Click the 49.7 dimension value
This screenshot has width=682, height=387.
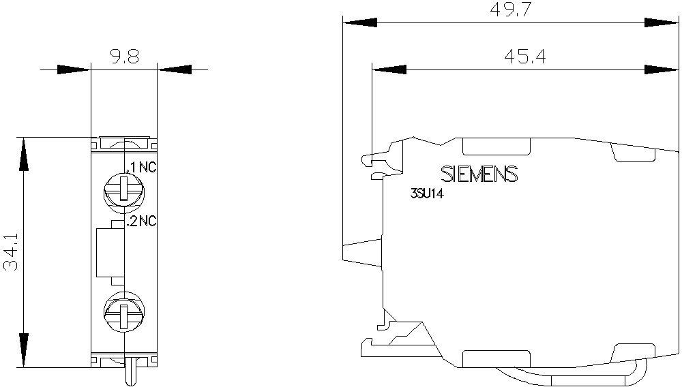click(511, 9)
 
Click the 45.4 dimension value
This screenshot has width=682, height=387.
click(525, 57)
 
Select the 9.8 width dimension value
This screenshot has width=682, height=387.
click(124, 57)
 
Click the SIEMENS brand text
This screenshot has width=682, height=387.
click(479, 174)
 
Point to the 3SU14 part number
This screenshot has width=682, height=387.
click(427, 194)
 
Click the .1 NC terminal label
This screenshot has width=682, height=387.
click(143, 168)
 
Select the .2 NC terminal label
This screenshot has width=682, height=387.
click(141, 221)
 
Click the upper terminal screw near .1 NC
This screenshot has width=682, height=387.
click(124, 189)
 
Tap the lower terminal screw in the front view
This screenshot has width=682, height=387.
click(124, 311)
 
